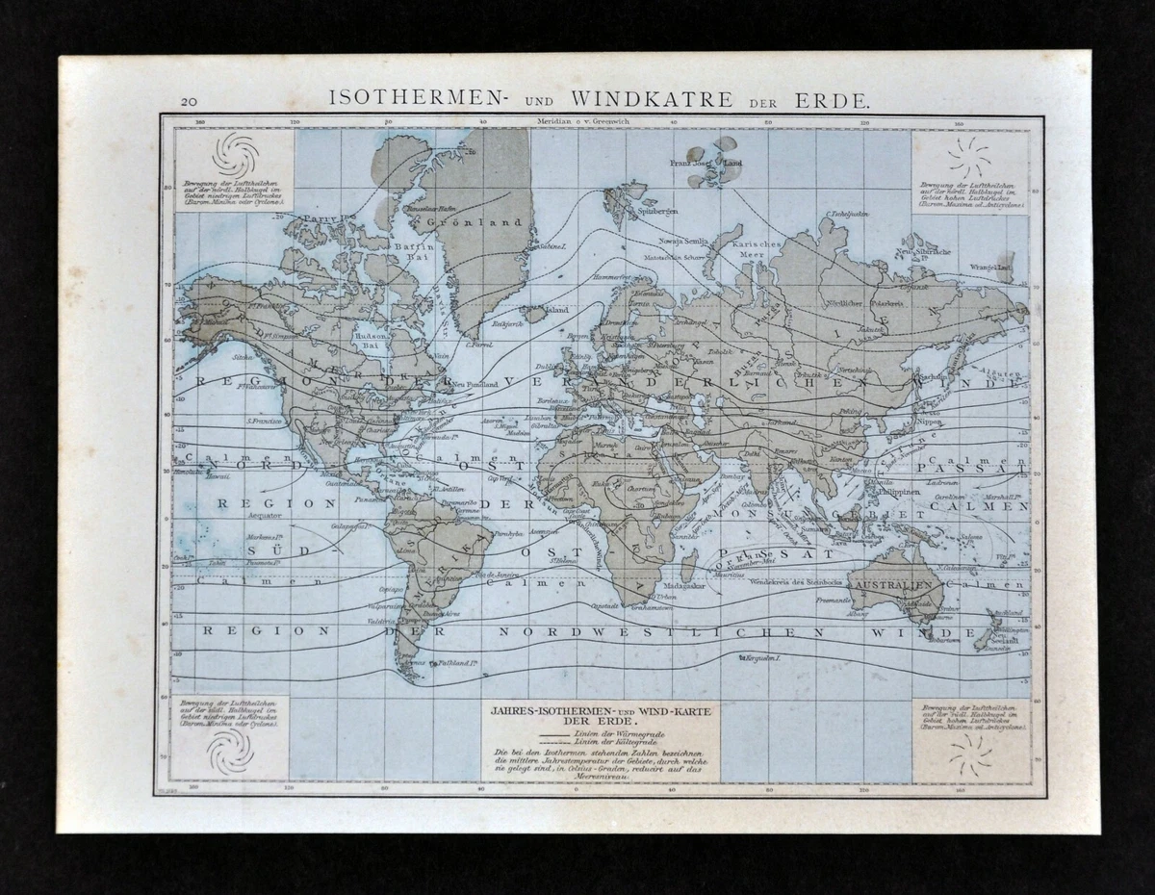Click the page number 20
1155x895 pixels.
click(189, 100)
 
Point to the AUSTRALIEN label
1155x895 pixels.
click(894, 585)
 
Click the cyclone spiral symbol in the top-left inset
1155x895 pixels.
click(235, 153)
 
